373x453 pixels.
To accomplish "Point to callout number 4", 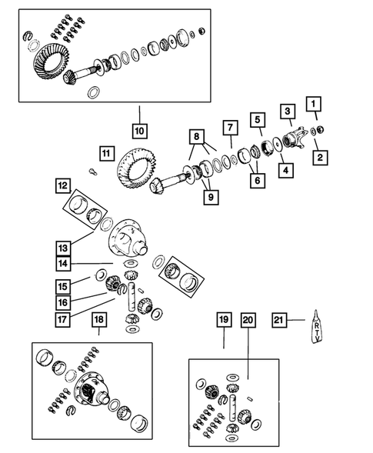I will tap(284, 168).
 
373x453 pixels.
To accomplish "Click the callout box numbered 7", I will tap(229, 127).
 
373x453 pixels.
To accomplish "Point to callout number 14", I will tap(62, 264).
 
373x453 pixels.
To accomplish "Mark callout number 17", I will tap(62, 315).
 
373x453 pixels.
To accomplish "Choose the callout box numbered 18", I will tap(99, 320).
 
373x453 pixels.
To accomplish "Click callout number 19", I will tap(223, 320).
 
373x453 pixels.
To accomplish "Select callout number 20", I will tap(247, 320).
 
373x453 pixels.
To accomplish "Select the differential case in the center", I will tap(131, 238).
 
